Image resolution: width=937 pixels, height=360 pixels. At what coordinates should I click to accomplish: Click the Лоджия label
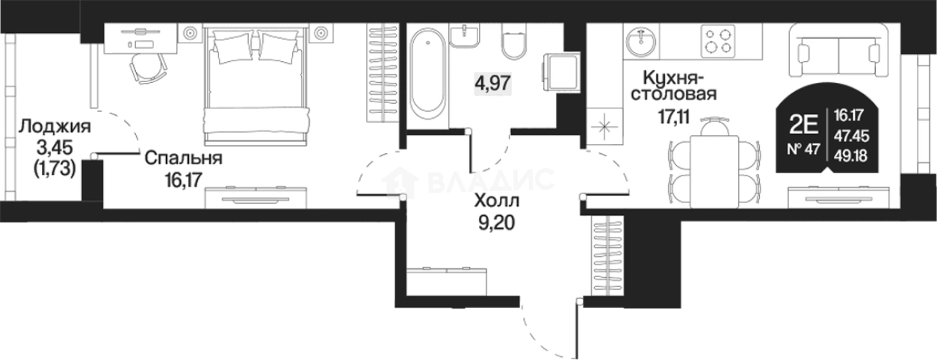coord(55,126)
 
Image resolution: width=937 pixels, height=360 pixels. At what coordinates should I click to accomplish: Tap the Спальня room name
coord(184,158)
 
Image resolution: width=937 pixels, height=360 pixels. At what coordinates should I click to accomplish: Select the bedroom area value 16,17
coord(184,180)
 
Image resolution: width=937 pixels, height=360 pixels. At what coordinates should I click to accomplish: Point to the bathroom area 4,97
coord(492,83)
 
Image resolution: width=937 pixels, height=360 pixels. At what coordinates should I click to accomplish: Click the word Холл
coord(497,201)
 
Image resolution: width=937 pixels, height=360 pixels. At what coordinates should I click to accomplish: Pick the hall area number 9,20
coord(497,223)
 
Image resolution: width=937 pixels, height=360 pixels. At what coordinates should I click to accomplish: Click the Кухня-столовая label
coord(673,86)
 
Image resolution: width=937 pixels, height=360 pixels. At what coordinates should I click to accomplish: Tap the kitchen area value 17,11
coord(673,117)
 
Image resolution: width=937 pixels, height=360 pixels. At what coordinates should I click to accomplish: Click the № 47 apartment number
coord(803,149)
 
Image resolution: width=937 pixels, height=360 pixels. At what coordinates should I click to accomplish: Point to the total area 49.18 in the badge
coord(851,156)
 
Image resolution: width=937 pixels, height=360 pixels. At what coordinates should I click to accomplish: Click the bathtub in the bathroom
coord(427,74)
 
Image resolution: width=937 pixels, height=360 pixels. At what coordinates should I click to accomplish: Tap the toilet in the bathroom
coord(513,41)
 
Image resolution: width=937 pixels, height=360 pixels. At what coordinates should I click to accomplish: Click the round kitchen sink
coord(641,41)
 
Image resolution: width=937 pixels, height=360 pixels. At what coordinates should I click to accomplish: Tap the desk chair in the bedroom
coord(148,69)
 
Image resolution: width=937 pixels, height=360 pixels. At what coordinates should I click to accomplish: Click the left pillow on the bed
coord(233,49)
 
